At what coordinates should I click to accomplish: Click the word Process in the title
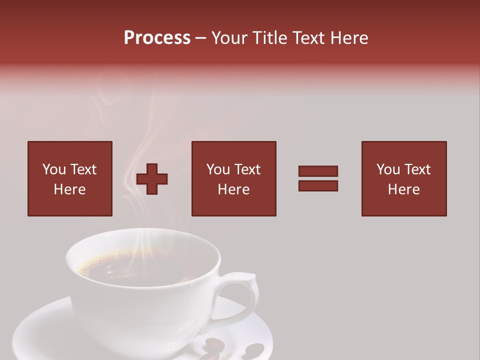coord(157,38)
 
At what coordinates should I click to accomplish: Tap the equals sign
coord(318,178)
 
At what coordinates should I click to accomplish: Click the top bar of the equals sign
coord(318,171)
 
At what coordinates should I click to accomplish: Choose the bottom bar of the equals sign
coord(318,185)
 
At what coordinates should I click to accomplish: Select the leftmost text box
coord(70,178)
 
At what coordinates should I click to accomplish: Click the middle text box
coord(234,178)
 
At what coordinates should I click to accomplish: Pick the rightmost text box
coord(404,178)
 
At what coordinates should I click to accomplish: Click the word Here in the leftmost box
coord(70,189)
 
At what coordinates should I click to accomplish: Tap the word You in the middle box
coord(218,169)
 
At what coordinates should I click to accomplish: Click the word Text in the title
coord(308,38)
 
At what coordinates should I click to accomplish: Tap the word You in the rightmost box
coord(388,169)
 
